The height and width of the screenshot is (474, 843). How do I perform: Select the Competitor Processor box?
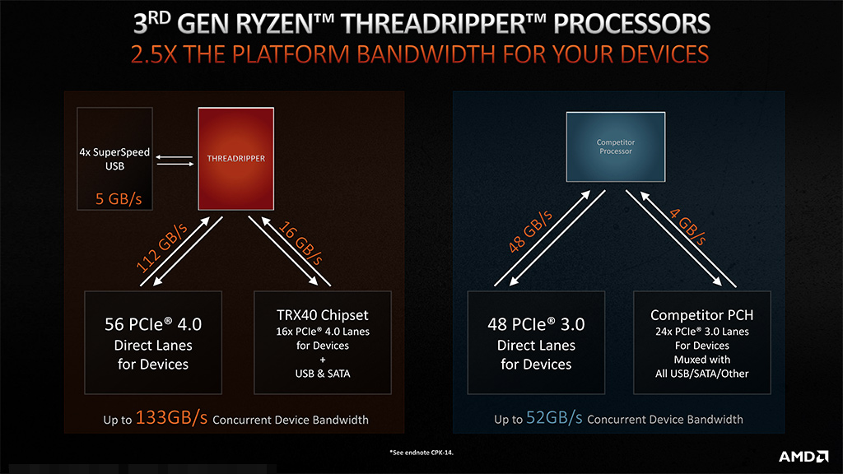point(616,147)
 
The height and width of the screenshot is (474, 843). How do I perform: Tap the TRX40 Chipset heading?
point(311,315)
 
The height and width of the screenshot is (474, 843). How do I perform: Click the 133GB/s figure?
point(172,418)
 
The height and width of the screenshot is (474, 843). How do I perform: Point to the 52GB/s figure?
point(554,418)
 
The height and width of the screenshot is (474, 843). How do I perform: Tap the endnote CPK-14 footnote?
point(421,453)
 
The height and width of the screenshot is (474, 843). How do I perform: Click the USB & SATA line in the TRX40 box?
point(311,374)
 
